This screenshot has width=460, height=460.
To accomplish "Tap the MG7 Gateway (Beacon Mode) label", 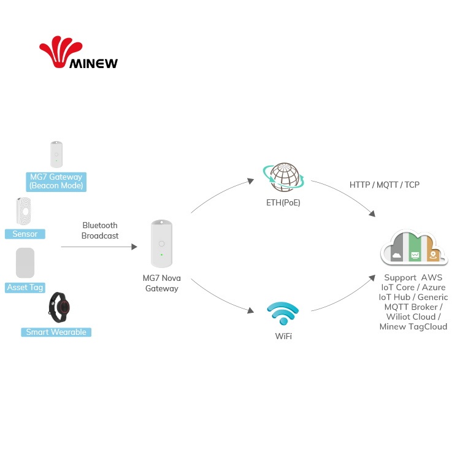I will tap(56, 181).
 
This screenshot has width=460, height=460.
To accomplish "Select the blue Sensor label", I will tap(25, 234).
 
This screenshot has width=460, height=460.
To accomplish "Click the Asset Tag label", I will tap(25, 287).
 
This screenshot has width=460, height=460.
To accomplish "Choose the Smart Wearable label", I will tap(56, 332).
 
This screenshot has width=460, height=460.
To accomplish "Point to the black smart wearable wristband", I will tap(59, 308).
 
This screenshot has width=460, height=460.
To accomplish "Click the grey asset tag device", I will tap(25, 263).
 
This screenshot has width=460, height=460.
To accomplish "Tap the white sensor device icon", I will tap(24, 211).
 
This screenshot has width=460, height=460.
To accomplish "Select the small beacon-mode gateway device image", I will tap(56, 155).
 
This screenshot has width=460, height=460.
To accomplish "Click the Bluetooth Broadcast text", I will tap(100, 231).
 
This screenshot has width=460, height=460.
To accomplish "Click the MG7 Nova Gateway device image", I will tap(161, 244).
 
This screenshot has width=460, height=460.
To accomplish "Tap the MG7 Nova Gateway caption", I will tap(161, 283).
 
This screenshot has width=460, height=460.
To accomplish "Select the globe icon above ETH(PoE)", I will tap(284, 177).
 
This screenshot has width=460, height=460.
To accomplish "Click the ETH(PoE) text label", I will tap(283, 203).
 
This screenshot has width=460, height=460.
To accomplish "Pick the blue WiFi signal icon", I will tap(283, 313).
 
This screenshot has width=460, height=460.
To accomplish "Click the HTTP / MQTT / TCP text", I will tap(385, 184).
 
